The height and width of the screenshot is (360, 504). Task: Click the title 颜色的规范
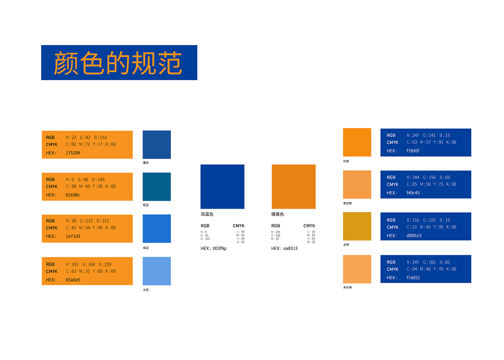tap(118, 63)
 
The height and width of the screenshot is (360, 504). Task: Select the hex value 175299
tap(73, 153)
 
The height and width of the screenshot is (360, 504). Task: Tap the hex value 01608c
tap(73, 195)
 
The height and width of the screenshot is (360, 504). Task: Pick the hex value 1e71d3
tap(73, 236)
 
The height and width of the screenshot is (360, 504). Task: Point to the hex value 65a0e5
tap(73, 280)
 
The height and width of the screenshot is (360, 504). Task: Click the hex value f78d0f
tap(413, 151)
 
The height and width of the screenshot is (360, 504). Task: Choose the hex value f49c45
tap(413, 193)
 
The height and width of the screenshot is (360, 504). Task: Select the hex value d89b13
tap(414, 236)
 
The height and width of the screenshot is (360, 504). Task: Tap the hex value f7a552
tap(413, 278)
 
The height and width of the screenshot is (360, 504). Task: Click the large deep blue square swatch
tap(222, 186)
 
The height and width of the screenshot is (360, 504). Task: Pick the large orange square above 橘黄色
tap(293, 186)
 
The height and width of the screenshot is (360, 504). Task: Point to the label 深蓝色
tap(207, 214)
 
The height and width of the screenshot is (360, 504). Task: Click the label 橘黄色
tap(278, 214)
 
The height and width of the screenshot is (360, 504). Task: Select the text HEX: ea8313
tap(284, 249)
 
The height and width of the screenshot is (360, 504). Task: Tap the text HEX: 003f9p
tap(213, 249)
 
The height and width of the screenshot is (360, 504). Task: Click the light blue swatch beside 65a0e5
tap(157, 271)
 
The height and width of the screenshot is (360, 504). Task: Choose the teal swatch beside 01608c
tap(157, 187)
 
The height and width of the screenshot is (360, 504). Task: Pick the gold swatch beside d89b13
tap(357, 226)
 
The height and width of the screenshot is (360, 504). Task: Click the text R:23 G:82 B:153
tap(86, 137)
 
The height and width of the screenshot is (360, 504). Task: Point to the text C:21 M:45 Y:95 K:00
tap(432, 227)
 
